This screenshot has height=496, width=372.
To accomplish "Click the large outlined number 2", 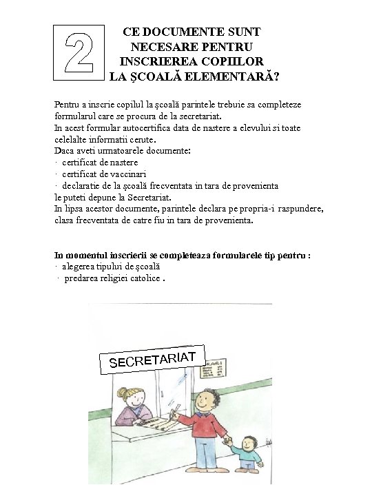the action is [x=79, y=51].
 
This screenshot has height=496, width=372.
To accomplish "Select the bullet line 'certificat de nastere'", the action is [x=100, y=163].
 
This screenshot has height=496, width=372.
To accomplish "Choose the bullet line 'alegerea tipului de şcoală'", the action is [x=111, y=266].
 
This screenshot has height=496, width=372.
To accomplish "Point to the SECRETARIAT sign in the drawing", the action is [x=153, y=358].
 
